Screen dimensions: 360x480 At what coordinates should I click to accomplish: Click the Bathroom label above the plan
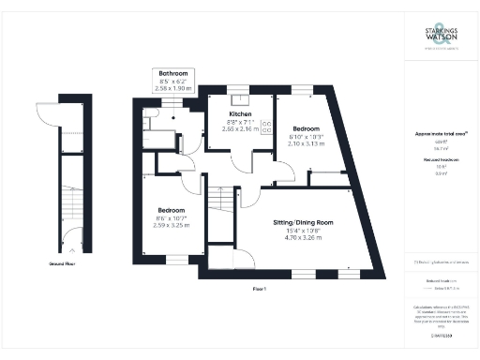coord(173,73)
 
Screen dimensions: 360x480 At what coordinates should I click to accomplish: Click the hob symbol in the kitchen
coord(265,126)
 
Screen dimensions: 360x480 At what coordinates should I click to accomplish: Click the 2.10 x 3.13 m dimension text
coord(307,143)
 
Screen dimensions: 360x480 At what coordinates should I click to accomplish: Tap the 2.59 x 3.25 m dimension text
coord(171,226)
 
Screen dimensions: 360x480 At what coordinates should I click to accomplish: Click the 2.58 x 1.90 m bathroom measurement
coord(173,88)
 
